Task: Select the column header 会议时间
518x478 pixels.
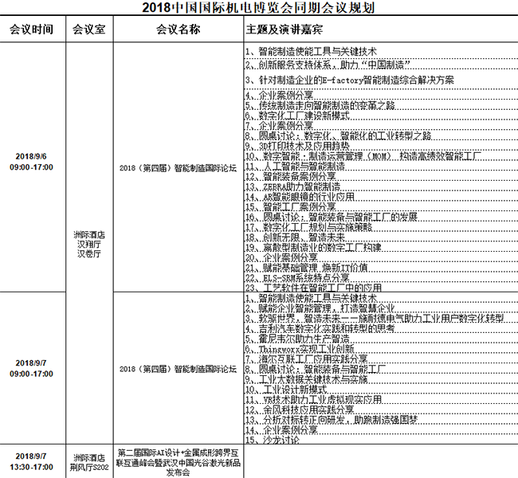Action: pos(32,29)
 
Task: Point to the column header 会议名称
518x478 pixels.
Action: pos(179,29)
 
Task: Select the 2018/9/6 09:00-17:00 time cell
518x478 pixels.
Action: pos(32,163)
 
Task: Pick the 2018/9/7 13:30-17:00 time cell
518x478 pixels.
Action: pos(32,460)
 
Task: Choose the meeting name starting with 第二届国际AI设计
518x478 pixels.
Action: pos(179,460)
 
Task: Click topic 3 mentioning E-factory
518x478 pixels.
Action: pos(351,80)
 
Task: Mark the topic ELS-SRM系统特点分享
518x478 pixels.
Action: pos(299,278)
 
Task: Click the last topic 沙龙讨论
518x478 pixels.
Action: pos(275,440)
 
